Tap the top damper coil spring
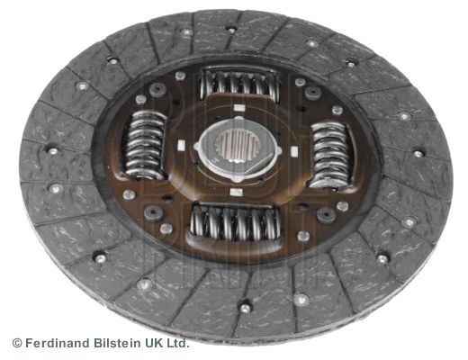tap(239, 83)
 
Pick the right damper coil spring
tap(330, 154)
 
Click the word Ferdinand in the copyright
tap(58, 343)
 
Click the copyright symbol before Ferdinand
tap(17, 343)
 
